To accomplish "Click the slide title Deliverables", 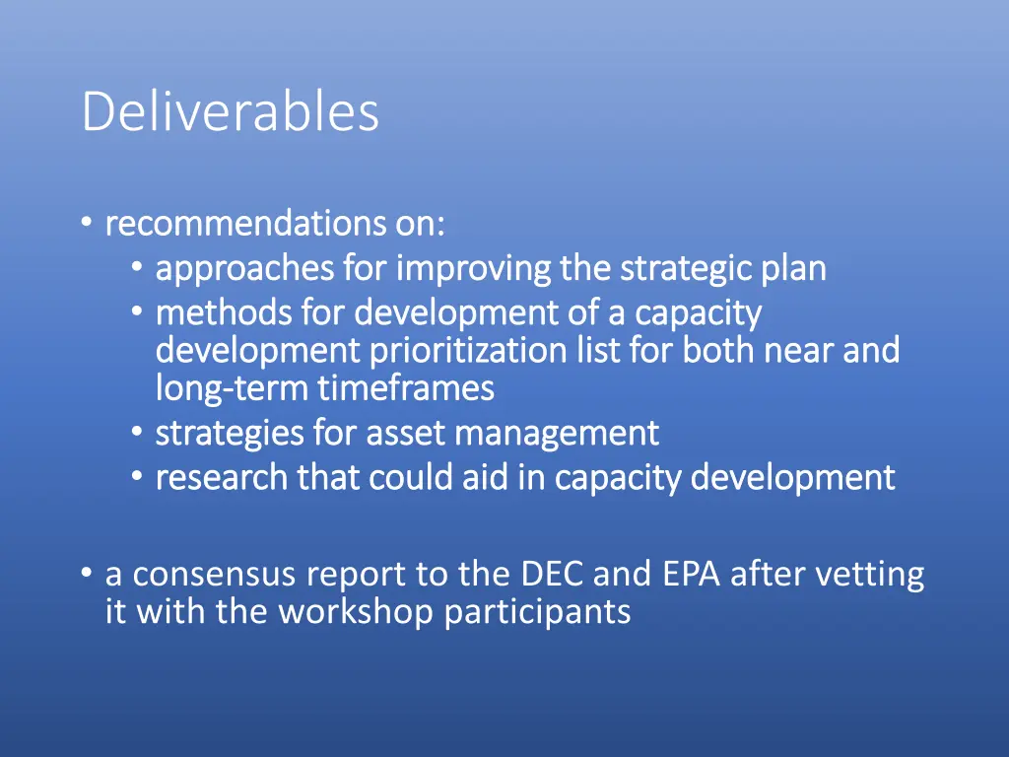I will tap(230, 111).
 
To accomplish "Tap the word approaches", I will tap(245, 268).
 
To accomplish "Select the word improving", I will tap(474, 268).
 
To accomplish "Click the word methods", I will tap(224, 313).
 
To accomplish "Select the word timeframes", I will tap(405, 388).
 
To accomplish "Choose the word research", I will tap(222, 477).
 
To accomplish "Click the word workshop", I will tap(356, 612).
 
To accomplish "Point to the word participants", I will tap(537, 612).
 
